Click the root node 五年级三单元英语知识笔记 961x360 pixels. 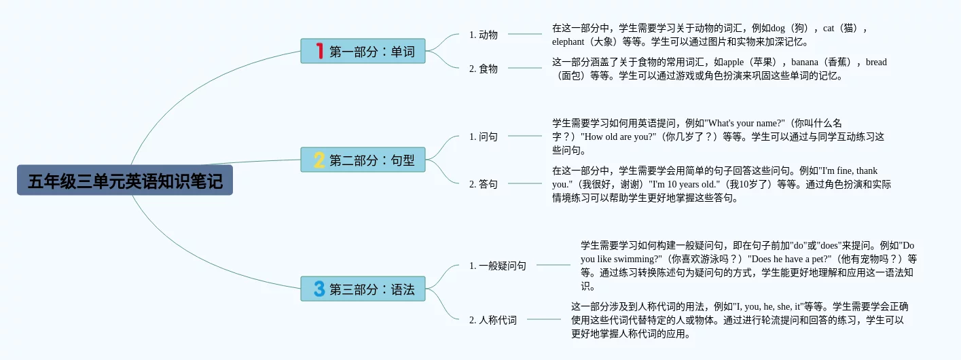pos(125,180)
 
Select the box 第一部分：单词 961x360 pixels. pos(363,51)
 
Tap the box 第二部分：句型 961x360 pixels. pos(363,160)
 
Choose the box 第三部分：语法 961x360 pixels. pos(363,289)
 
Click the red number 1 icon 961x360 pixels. pos(320,51)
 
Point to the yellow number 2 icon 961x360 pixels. pos(319,160)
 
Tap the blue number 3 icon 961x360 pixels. pos(319,289)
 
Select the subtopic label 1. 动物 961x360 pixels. pos(483,35)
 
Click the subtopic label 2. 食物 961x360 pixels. pos(483,68)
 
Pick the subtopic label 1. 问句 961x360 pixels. pos(483,137)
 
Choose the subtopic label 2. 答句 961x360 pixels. pos(483,184)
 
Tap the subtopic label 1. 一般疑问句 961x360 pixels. pos(497,266)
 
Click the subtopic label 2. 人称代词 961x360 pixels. pos(492,320)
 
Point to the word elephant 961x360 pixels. pos(568,41)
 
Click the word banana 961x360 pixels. pos(804,62)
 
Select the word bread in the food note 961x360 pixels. pos(876,62)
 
